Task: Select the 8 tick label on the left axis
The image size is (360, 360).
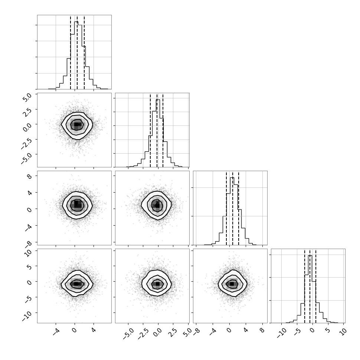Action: point(30,176)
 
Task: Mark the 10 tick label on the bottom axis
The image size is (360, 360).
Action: point(343,333)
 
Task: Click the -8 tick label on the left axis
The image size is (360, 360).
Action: point(28,245)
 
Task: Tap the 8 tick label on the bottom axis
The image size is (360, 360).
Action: point(262,331)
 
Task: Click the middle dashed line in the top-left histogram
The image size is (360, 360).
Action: point(77,52)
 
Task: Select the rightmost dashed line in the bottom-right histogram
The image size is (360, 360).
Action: point(316,286)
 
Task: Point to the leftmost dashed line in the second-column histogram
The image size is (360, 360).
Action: point(150,130)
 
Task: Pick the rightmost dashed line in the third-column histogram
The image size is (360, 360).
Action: point(239,208)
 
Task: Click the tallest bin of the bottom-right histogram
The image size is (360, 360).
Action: point(310,289)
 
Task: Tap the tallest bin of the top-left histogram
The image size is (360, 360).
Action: point(76,55)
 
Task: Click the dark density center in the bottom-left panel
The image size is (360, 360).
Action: point(76,284)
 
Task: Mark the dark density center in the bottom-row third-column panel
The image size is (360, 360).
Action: point(232,284)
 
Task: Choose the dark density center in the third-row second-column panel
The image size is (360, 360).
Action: point(157,205)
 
